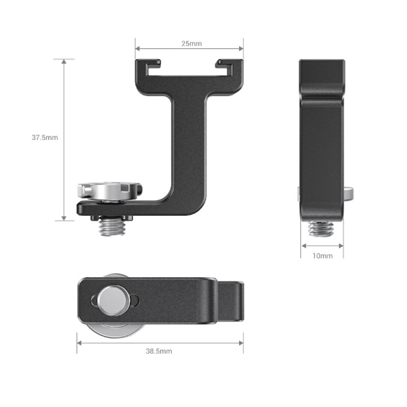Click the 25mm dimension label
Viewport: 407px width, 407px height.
191,43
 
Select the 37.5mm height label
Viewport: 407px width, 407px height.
45,137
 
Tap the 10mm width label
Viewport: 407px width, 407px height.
322,255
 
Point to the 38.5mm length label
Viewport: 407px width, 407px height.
159,351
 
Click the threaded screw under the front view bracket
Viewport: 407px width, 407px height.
112,227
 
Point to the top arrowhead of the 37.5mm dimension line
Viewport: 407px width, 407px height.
64,62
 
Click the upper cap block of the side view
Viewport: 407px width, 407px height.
322,76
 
